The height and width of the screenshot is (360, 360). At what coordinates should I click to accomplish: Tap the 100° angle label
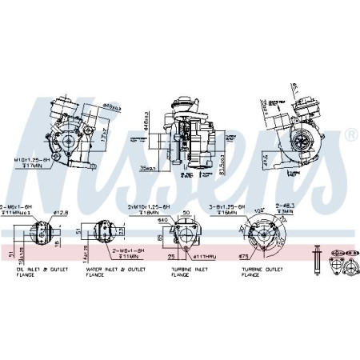[x=258, y=210]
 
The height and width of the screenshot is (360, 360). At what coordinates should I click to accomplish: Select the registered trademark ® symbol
[x=350, y=138]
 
